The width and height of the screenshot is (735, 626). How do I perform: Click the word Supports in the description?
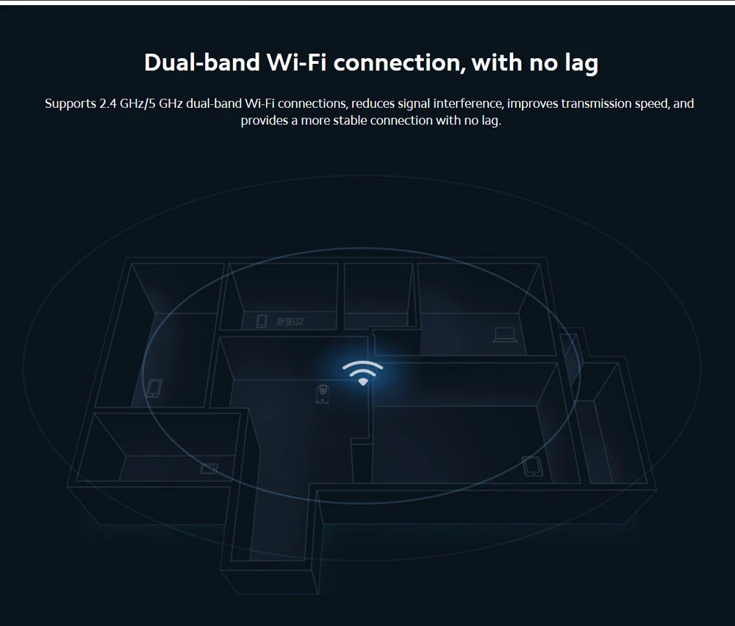click(71, 104)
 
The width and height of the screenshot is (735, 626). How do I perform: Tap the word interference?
click(467, 104)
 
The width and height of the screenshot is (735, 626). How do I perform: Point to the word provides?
click(264, 120)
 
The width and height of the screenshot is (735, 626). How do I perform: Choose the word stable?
click(350, 120)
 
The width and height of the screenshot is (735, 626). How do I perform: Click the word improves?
click(533, 104)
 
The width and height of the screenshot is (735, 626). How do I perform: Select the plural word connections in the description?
click(312, 104)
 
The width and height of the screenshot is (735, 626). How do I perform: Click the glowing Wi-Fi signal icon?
click(362, 373)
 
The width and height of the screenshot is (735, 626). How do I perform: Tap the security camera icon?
click(321, 395)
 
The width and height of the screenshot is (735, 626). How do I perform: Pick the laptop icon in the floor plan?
click(505, 335)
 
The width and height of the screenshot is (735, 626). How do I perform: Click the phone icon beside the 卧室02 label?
click(261, 321)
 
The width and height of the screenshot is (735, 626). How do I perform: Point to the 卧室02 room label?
click(290, 322)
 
